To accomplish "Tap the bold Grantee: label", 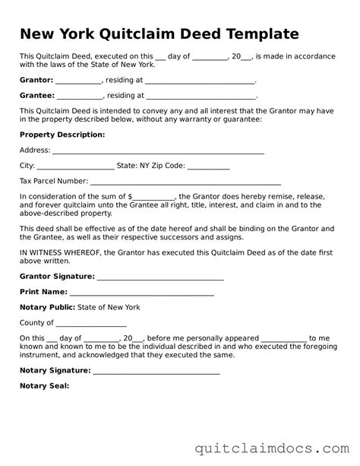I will pyautogui.click(x=36, y=96).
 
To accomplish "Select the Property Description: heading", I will pyautogui.click(x=62, y=135).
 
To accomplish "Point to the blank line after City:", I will pyautogui.click(x=75, y=166).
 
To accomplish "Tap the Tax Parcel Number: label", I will pyautogui.click(x=53, y=182).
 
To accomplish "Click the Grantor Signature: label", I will pyautogui.click(x=57, y=276).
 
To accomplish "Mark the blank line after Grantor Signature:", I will pyautogui.click(x=160, y=278).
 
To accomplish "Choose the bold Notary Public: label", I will pyautogui.click(x=47, y=307).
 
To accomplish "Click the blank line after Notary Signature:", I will pyautogui.click(x=156, y=372).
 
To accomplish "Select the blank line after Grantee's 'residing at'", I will pyautogui.click(x=201, y=97).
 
